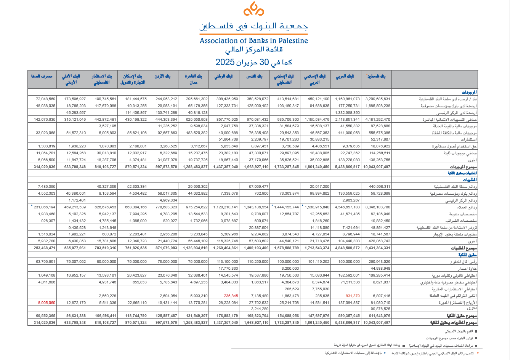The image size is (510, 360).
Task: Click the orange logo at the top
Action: click(x=254, y=9)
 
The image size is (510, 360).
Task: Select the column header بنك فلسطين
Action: click(x=377, y=76)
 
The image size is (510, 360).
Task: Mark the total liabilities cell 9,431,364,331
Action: click(x=377, y=248)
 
